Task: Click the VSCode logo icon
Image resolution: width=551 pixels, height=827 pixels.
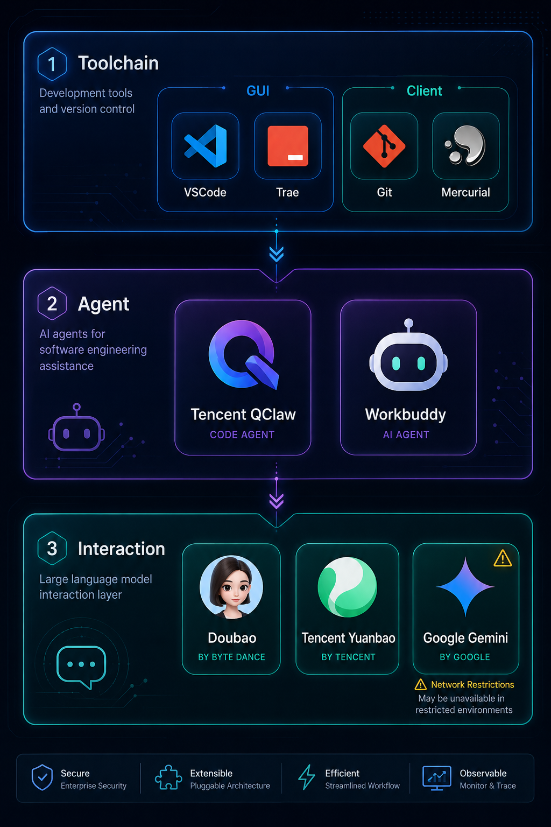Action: click(206, 146)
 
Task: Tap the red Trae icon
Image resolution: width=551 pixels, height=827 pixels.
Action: click(287, 146)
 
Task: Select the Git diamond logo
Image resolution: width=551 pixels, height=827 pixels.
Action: click(384, 146)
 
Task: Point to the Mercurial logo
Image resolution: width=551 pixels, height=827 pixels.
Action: click(466, 145)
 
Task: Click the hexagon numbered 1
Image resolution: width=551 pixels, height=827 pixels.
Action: click(52, 64)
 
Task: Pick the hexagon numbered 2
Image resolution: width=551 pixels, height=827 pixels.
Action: click(52, 304)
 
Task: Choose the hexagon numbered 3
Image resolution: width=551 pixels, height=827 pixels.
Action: click(52, 548)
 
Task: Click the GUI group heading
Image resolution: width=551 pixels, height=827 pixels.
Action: click(258, 91)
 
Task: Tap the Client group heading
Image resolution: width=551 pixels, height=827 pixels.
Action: click(424, 91)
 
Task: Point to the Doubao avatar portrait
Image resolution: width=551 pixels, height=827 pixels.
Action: click(231, 587)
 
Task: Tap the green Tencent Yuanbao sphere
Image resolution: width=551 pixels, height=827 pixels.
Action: click(347, 587)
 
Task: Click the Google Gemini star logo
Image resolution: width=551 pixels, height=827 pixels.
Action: click(465, 587)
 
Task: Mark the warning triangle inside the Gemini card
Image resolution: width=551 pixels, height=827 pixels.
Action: click(503, 558)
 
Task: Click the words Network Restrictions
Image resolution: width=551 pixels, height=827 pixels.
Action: click(472, 684)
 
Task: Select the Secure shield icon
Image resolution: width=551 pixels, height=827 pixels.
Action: click(42, 777)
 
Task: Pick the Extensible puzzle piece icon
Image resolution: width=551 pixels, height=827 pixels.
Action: click(168, 777)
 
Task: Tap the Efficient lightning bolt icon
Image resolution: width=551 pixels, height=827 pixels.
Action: click(307, 777)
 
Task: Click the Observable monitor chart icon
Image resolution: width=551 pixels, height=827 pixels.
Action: click(436, 778)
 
